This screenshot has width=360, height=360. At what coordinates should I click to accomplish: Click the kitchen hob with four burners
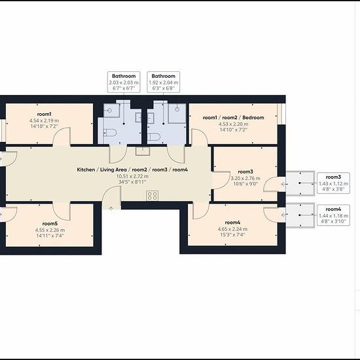pos(153,196)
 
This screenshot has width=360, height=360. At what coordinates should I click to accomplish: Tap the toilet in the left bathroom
pos(110,132)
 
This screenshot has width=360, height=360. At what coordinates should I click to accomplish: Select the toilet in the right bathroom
pos(154,137)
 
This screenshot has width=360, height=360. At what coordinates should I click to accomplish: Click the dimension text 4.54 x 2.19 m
pos(44,120)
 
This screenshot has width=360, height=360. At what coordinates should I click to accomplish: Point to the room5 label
pos(50,224)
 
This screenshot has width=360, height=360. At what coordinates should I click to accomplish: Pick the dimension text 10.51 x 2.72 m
pos(132,176)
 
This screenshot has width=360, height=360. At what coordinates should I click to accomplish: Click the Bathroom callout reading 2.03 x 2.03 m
pos(124,82)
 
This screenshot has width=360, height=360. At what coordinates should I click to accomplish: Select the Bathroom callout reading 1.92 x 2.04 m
pos(163,82)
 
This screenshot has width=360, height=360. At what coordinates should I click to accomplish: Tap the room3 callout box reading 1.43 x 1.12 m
pos(333,183)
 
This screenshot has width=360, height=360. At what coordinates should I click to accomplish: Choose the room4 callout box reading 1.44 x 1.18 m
pos(333,215)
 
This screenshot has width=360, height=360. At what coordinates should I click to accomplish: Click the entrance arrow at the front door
pos(111,208)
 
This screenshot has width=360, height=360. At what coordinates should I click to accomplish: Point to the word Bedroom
pos(253,118)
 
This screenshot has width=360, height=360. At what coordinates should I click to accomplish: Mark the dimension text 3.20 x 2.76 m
pos(245,179)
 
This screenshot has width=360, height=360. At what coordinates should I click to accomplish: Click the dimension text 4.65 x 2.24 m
pos(232,229)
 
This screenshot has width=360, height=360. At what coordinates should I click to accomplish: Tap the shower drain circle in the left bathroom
pos(109,111)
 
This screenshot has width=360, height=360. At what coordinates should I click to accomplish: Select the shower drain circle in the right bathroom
pos(177,109)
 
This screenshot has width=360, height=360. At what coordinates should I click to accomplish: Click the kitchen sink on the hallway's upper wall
pos(143,151)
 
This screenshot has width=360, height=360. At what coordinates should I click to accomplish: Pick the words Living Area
pos(113,170)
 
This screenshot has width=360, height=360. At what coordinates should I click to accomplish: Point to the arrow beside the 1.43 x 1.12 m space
pos(285,184)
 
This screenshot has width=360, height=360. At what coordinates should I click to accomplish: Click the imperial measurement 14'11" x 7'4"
pos(50,236)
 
